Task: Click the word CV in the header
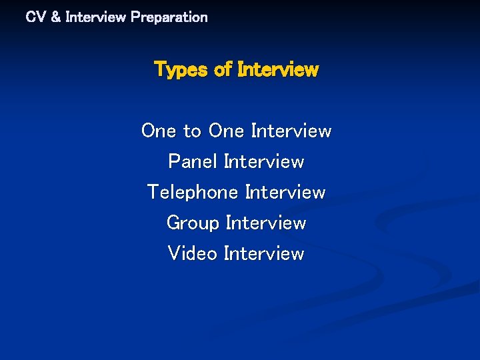point(35,17)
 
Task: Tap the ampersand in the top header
point(55,17)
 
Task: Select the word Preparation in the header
point(169,17)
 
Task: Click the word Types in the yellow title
point(181,70)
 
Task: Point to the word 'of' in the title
point(223,69)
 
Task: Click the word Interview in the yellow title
point(278,69)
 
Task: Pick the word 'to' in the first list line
point(192,131)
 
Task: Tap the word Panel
point(193,162)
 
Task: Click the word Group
point(193,223)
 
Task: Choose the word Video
point(193,254)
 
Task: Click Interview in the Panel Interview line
point(264,162)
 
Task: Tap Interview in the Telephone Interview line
point(285,193)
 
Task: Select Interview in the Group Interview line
point(266,223)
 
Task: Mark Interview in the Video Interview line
point(264,254)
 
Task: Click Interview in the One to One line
point(291,131)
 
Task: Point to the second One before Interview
point(227,131)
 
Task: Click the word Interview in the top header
point(95,17)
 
